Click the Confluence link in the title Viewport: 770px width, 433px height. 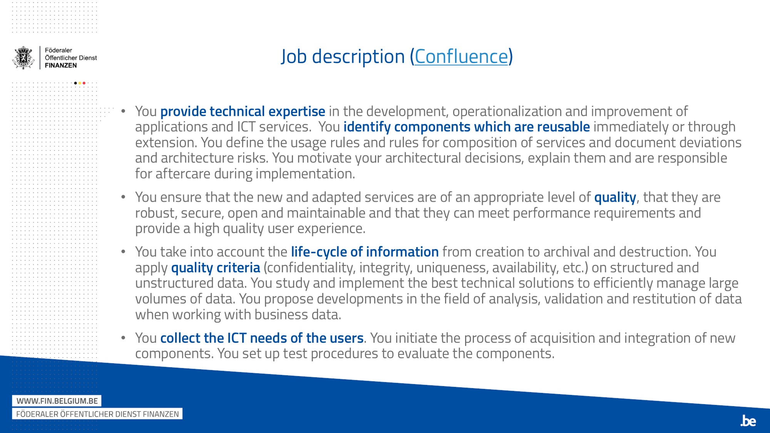[x=461, y=57]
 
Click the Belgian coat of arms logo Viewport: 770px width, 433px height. [x=23, y=58]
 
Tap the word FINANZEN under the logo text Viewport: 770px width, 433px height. [x=61, y=65]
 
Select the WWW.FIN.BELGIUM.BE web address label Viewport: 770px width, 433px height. [x=57, y=401]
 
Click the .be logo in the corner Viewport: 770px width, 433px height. [x=748, y=421]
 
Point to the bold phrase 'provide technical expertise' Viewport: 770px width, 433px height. [x=243, y=111]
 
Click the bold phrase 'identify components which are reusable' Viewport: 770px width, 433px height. [x=466, y=127]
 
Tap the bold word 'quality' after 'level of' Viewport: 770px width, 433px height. [x=615, y=197]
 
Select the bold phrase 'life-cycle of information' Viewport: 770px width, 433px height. [x=365, y=252]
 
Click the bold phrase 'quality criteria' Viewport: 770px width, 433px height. [x=216, y=267]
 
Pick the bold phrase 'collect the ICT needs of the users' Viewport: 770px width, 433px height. [x=262, y=338]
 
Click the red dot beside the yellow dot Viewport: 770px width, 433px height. [x=84, y=83]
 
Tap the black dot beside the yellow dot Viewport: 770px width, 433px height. [x=75, y=83]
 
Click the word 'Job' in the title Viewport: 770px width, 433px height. [x=294, y=57]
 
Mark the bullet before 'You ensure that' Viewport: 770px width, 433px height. [x=123, y=197]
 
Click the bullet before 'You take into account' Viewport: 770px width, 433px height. [x=123, y=252]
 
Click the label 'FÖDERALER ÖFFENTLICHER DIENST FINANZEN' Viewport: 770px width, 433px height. [x=97, y=414]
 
